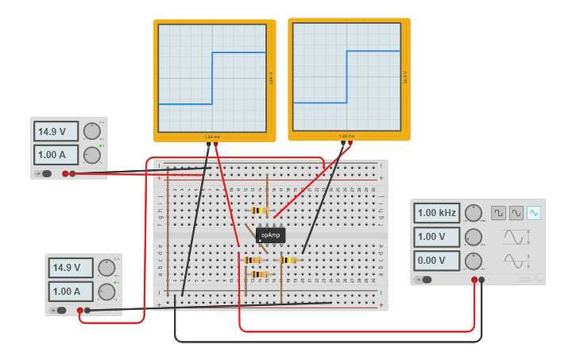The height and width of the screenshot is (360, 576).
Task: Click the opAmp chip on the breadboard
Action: (270, 235)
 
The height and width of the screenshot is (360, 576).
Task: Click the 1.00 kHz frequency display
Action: (436, 213)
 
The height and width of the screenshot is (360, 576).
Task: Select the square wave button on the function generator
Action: (498, 213)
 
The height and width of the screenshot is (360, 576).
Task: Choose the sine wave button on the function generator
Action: (516, 213)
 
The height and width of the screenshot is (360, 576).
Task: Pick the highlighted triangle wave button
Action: (534, 213)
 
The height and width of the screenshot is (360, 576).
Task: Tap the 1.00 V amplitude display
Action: (436, 237)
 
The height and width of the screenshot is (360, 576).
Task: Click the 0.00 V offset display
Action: (436, 261)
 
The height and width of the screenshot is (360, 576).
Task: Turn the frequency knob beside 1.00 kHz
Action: (474, 213)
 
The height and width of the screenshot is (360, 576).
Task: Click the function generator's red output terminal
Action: (474, 280)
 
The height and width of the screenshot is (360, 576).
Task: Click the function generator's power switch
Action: (426, 280)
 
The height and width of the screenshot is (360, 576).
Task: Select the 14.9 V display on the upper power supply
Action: (56, 131)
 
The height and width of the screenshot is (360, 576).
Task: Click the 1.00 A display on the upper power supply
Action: (56, 154)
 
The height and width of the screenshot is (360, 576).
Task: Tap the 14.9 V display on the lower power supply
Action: (70, 268)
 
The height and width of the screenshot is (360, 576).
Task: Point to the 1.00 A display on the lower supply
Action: (70, 291)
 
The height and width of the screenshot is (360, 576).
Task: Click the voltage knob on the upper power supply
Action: (92, 131)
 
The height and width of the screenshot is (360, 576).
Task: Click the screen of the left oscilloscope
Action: (212, 77)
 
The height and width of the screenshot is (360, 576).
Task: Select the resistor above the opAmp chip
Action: (258, 211)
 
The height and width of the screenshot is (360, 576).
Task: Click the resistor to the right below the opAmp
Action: (288, 260)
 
